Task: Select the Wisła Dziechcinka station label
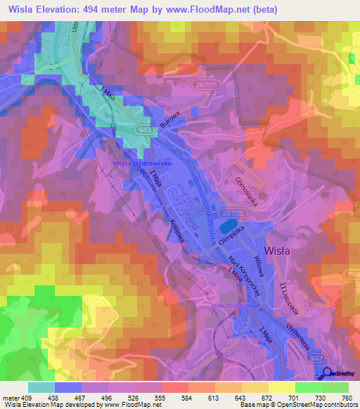(x=231, y=306)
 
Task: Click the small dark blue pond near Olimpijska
(x=227, y=227)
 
